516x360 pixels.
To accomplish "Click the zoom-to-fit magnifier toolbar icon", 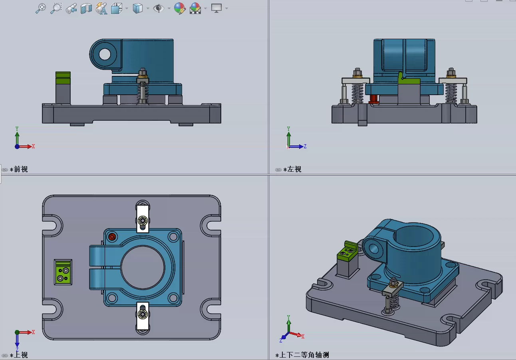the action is pos(41,8).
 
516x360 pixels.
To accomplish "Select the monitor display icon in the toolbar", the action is pos(216,8).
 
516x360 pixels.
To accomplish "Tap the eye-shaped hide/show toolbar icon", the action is pos(159,8).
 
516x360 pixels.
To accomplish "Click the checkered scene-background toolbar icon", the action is pos(195,8).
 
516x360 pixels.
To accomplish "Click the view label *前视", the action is pos(19,169).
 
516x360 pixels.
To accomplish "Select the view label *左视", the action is pos(292,169).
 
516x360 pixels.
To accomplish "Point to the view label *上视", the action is pos(19,355).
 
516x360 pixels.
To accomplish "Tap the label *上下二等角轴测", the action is pos(302,355).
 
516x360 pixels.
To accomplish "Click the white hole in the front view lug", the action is pos(105,54).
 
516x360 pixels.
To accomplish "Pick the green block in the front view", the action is pos(63,78).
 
